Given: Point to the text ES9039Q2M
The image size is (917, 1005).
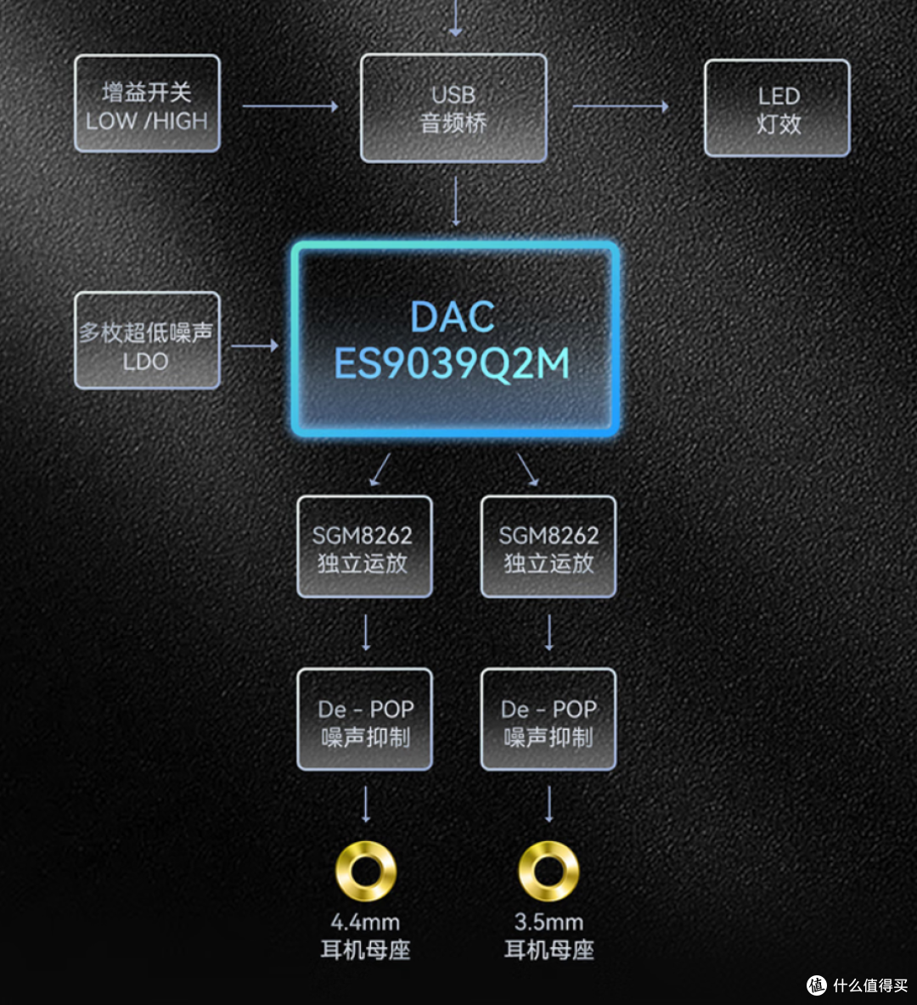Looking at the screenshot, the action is tap(452, 363).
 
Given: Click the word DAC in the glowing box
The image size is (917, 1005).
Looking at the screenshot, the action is tap(452, 317).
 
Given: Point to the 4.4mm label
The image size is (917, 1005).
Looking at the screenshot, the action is tap(365, 923).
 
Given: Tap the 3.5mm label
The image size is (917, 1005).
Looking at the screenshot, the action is tap(549, 923).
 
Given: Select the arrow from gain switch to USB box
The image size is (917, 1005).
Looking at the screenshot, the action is tap(290, 106).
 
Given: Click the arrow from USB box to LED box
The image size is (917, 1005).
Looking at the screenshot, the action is tap(620, 106).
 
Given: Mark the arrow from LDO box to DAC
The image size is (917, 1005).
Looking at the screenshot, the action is tap(255, 345).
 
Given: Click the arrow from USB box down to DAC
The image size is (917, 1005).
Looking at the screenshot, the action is tap(456, 201).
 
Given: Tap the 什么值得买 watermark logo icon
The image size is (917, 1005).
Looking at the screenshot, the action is tap(817, 985).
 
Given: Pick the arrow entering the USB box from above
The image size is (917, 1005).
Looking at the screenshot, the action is tap(455, 18).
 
